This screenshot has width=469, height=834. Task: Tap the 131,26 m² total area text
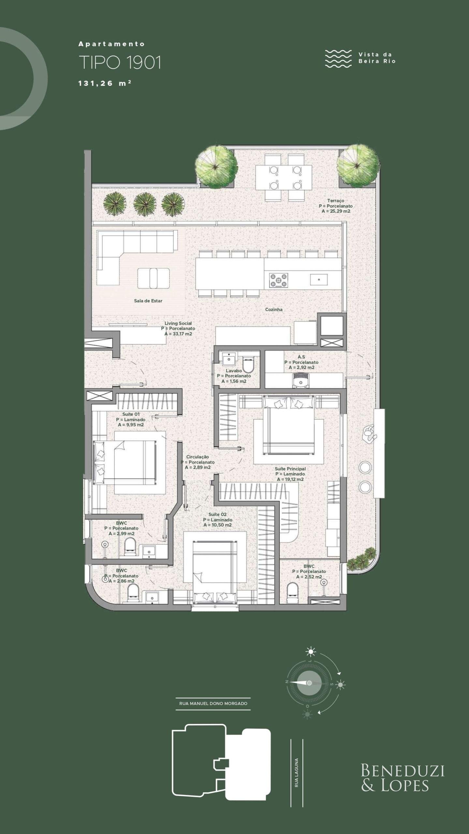[105, 83]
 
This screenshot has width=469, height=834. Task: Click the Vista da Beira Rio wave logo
[338, 59]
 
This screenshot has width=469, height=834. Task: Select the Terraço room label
[336, 201]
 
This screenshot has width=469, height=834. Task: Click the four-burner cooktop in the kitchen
[278, 280]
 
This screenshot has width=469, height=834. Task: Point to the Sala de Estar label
[148, 301]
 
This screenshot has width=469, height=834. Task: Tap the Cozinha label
[274, 309]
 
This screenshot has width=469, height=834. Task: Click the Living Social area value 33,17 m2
[178, 334]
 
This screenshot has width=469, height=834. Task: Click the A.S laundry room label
[301, 357]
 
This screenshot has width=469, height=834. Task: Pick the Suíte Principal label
[290, 469]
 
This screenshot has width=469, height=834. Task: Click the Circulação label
[198, 457]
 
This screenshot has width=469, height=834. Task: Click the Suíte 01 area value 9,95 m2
[131, 425]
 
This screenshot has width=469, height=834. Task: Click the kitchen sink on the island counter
[318, 280]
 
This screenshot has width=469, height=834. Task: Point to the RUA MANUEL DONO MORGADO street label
[213, 703]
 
